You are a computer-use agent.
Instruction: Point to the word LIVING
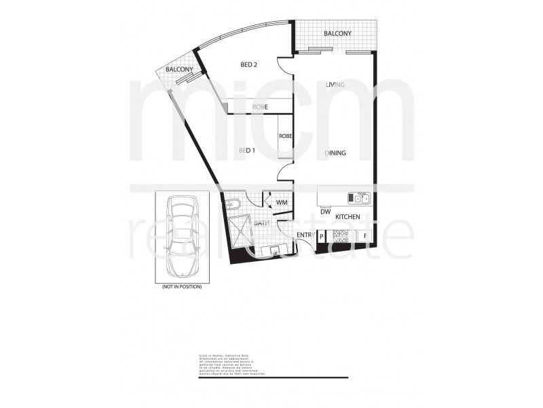[335, 85]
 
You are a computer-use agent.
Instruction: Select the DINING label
[335, 153]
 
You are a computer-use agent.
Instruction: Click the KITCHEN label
[347, 216]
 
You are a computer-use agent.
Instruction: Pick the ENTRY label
[305, 235]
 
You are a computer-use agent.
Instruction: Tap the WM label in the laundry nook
[282, 203]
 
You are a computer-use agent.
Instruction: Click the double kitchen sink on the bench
[358, 198]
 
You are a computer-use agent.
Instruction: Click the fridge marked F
[365, 237]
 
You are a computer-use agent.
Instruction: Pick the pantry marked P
[322, 237]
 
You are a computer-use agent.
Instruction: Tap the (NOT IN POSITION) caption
[181, 288]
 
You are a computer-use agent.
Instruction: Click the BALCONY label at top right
[337, 33]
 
